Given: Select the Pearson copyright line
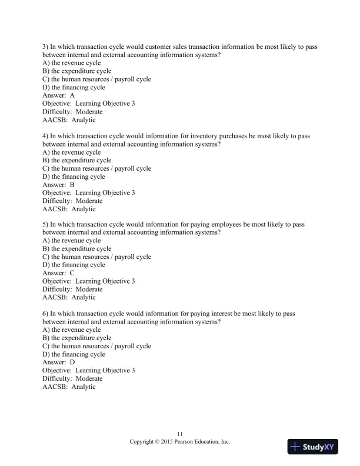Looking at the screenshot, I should pyautogui.click(x=180, y=441).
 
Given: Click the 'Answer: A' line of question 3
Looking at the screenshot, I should pyautogui.click(x=59, y=95).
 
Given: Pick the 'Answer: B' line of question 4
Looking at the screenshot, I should pyautogui.click(x=59, y=185).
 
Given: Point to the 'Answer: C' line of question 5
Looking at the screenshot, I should pyautogui.click(x=59, y=273).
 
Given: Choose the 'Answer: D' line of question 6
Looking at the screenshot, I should pyautogui.click(x=59, y=362).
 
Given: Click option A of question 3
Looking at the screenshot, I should pyautogui.click(x=72, y=62).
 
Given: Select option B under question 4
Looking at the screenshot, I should pyautogui.click(x=77, y=160).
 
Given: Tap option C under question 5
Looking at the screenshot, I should pyautogui.click(x=97, y=257).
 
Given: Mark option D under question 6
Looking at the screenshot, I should pyautogui.click(x=74, y=354).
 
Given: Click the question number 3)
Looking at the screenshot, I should pyautogui.click(x=46, y=46).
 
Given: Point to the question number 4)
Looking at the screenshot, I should pyautogui.click(x=46, y=135).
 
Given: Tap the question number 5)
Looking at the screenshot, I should pyautogui.click(x=46, y=224).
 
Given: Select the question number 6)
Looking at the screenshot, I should pyautogui.click(x=46, y=314).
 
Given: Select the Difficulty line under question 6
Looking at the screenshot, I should pyautogui.click(x=72, y=379).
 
